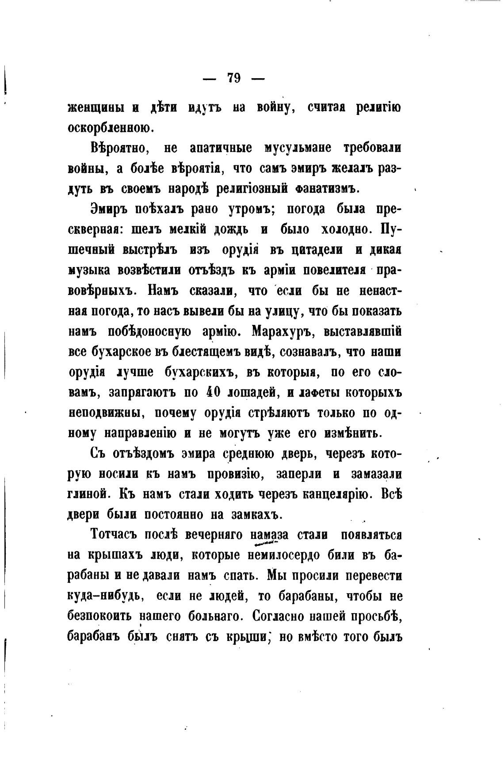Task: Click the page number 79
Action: (x=234, y=78)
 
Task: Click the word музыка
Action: (x=90, y=270)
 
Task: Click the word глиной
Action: (x=87, y=495)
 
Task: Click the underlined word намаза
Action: (x=269, y=535)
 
